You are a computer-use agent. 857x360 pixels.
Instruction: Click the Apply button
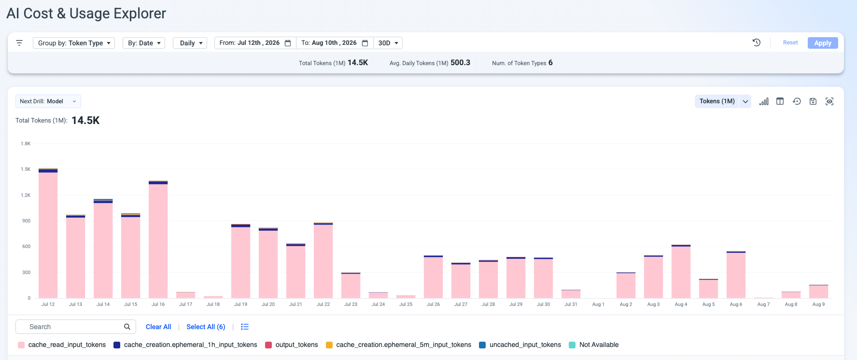(x=823, y=43)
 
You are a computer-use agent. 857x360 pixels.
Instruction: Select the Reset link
(x=790, y=42)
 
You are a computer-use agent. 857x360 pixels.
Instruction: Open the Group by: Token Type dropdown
(x=74, y=43)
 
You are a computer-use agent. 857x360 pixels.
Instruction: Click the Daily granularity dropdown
(x=190, y=43)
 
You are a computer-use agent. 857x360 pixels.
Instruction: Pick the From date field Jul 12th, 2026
(x=255, y=43)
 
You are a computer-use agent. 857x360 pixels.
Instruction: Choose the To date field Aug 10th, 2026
(x=335, y=43)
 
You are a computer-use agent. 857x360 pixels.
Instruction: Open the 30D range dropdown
(x=388, y=43)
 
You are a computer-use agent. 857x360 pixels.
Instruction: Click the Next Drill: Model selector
(x=48, y=101)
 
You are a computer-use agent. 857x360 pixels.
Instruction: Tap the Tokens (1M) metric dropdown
(x=723, y=101)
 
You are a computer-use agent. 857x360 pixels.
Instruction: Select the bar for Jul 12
(x=48, y=234)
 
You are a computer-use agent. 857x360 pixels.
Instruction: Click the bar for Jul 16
(x=158, y=240)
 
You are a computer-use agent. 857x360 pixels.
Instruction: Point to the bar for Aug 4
(x=681, y=272)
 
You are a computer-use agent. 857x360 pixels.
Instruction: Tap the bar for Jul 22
(x=323, y=261)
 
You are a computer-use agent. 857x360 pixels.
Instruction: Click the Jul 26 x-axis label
(x=433, y=305)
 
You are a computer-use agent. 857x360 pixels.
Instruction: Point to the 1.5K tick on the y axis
(x=26, y=169)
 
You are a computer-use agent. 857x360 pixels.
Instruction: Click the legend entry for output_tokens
(x=292, y=345)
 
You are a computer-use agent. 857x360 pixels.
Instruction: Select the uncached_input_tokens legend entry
(x=520, y=345)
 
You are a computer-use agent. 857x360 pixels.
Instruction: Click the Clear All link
(x=158, y=327)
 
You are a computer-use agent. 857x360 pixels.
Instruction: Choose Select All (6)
(x=206, y=327)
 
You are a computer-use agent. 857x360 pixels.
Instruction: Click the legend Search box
(x=76, y=327)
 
